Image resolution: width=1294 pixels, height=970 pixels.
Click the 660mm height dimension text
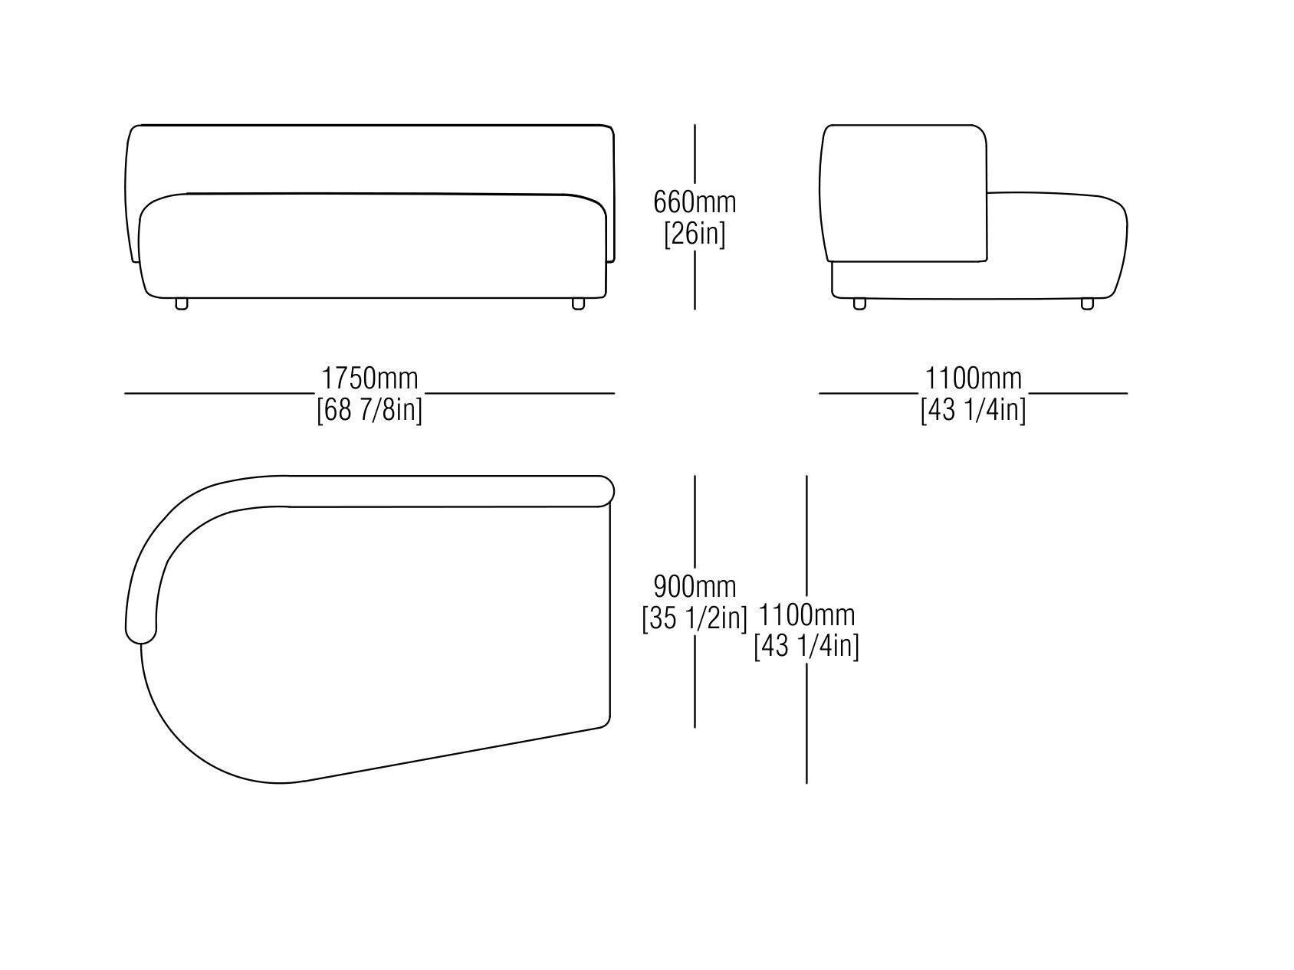695,202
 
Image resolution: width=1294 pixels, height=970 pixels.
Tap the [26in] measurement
695,233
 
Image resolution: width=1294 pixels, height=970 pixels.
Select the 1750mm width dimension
369,378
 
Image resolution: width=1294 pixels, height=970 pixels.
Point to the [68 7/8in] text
369,410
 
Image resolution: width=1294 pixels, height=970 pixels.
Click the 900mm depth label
695,587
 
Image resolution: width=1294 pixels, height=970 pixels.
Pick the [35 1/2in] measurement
695,618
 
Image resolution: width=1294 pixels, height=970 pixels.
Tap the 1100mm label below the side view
974,378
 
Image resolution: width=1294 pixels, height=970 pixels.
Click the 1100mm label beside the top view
806,615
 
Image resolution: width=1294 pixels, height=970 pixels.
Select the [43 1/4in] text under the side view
974,410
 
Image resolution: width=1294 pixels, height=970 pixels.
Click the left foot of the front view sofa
182,303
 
